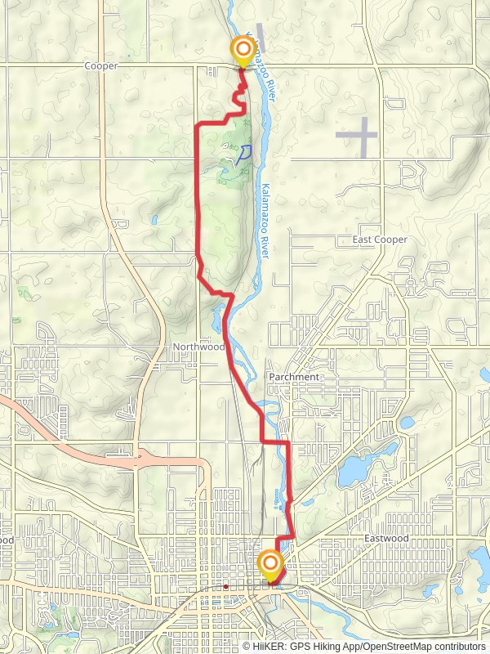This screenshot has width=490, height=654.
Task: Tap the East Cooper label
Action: coord(379,240)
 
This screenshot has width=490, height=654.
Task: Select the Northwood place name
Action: coord(198,347)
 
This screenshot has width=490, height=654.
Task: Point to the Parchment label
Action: coord(293,377)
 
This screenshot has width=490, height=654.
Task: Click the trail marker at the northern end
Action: coord(243,51)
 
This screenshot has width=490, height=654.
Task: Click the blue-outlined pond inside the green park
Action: coord(243,152)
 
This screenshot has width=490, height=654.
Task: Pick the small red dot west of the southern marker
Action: coord(225,586)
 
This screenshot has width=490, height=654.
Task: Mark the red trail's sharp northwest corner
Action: coord(198,124)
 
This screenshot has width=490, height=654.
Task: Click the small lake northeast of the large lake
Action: coord(406,423)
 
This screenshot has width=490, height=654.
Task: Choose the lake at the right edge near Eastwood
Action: coord(478,564)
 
